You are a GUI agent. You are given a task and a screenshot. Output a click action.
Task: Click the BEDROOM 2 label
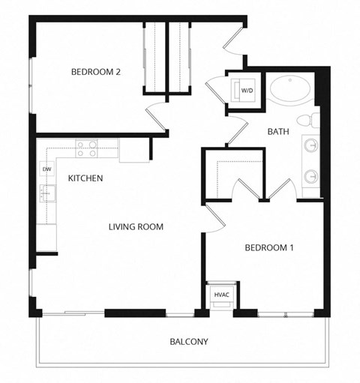pos(96,72)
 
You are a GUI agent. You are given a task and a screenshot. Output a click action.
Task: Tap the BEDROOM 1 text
pos(268,248)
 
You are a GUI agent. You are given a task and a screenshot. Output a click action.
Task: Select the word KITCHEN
pos(85,178)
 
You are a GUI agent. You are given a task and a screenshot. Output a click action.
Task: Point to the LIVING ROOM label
pos(136,226)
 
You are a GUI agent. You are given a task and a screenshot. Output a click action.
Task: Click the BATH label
pos(278,132)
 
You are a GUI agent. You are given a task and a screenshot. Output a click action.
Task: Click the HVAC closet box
pos(221,295)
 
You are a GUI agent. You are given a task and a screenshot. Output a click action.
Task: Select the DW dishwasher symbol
pos(46,169)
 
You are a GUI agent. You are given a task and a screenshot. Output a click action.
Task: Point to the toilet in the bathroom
pos(307,121)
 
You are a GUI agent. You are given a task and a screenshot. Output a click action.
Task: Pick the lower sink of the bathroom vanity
pos(310,177)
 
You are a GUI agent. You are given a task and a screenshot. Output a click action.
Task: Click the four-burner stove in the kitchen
pos(86,148)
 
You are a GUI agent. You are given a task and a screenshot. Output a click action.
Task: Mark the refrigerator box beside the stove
pos(133,150)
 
